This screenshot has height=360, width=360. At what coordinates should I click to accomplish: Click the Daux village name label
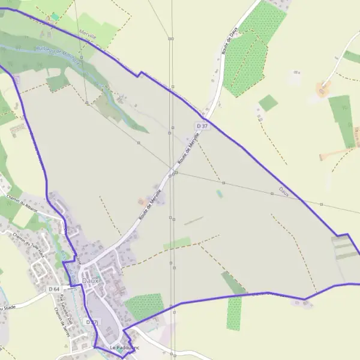[90, 280]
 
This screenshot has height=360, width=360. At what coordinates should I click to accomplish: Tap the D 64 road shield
[54, 289]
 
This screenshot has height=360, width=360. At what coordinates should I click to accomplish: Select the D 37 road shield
[202, 125]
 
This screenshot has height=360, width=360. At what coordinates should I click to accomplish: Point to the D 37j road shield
[91, 322]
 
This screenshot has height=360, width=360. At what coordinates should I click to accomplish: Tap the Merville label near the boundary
[88, 35]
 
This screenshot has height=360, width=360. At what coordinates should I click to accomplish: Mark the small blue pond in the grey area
[219, 194]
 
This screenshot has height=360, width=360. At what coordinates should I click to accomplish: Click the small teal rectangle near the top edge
[55, 16]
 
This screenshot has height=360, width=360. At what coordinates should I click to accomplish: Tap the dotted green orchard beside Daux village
[144, 306]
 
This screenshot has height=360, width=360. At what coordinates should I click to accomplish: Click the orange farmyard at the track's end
[322, 91]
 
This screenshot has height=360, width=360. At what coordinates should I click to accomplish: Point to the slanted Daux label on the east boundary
[284, 191]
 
